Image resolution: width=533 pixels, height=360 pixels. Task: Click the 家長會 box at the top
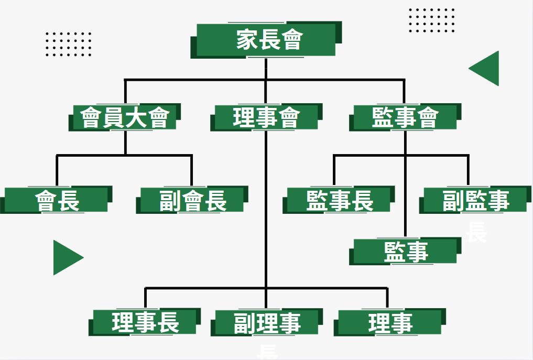click(266, 40)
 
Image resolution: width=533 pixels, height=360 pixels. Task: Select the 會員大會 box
click(124, 117)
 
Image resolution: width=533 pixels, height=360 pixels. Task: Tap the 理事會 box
click(266, 117)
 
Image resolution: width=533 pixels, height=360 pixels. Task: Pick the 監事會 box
click(405, 117)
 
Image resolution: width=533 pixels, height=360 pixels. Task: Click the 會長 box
click(56, 200)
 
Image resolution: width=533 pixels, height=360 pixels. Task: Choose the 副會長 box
click(192, 200)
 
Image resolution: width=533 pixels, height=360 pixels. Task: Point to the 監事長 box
click(339, 200)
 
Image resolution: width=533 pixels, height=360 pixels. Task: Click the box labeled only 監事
click(405, 252)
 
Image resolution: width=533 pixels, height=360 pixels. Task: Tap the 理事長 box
click(145, 321)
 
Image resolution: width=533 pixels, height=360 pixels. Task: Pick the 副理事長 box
click(267, 322)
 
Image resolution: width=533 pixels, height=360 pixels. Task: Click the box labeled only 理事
click(390, 322)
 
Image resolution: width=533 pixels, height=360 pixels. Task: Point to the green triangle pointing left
click(486, 68)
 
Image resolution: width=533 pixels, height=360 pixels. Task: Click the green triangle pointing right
click(66, 257)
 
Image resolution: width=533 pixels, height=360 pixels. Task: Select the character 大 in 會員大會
click(136, 117)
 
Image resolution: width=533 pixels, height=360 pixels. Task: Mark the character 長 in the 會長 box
click(69, 200)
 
